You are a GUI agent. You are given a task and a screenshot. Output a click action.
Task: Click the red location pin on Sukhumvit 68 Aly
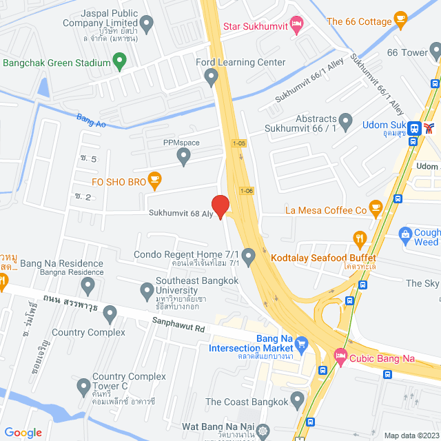click(x=220, y=206)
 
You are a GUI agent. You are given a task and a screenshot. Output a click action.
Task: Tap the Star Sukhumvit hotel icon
click(x=296, y=26)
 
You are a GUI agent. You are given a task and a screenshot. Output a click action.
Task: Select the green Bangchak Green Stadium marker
click(x=119, y=63)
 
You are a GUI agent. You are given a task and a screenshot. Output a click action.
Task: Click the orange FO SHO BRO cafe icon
click(x=154, y=182)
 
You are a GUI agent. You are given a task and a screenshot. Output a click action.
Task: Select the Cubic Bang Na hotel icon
click(x=340, y=357)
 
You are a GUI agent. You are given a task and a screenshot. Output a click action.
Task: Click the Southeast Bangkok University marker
click(x=147, y=291)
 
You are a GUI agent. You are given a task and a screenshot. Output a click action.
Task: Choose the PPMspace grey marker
click(x=183, y=158)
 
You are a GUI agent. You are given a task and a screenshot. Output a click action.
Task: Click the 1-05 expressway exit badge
click(x=238, y=143)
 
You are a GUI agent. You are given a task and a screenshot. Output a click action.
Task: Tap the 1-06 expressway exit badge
click(x=246, y=190)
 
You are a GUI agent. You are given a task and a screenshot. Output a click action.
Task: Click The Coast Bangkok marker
click(x=298, y=400)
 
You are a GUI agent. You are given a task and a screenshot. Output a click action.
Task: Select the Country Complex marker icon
click(x=110, y=316)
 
